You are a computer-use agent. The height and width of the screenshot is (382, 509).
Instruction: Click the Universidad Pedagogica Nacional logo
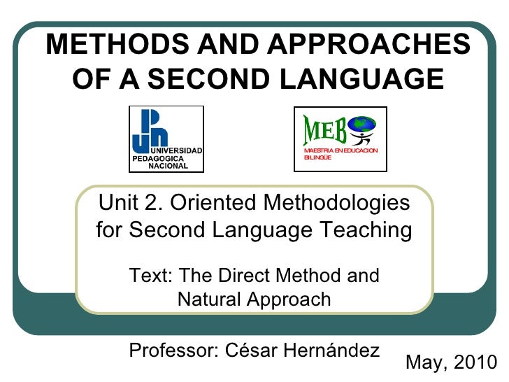pos(166,139)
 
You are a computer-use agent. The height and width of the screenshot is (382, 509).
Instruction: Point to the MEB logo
pos(340,139)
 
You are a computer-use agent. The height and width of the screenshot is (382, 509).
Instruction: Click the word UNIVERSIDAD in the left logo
pos(177,152)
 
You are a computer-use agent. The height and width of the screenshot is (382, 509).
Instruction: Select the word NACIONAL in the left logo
pos(168,167)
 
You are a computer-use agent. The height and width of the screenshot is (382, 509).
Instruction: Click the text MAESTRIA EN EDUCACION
pos(340,151)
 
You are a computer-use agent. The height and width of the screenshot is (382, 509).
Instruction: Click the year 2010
pos(475,362)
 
